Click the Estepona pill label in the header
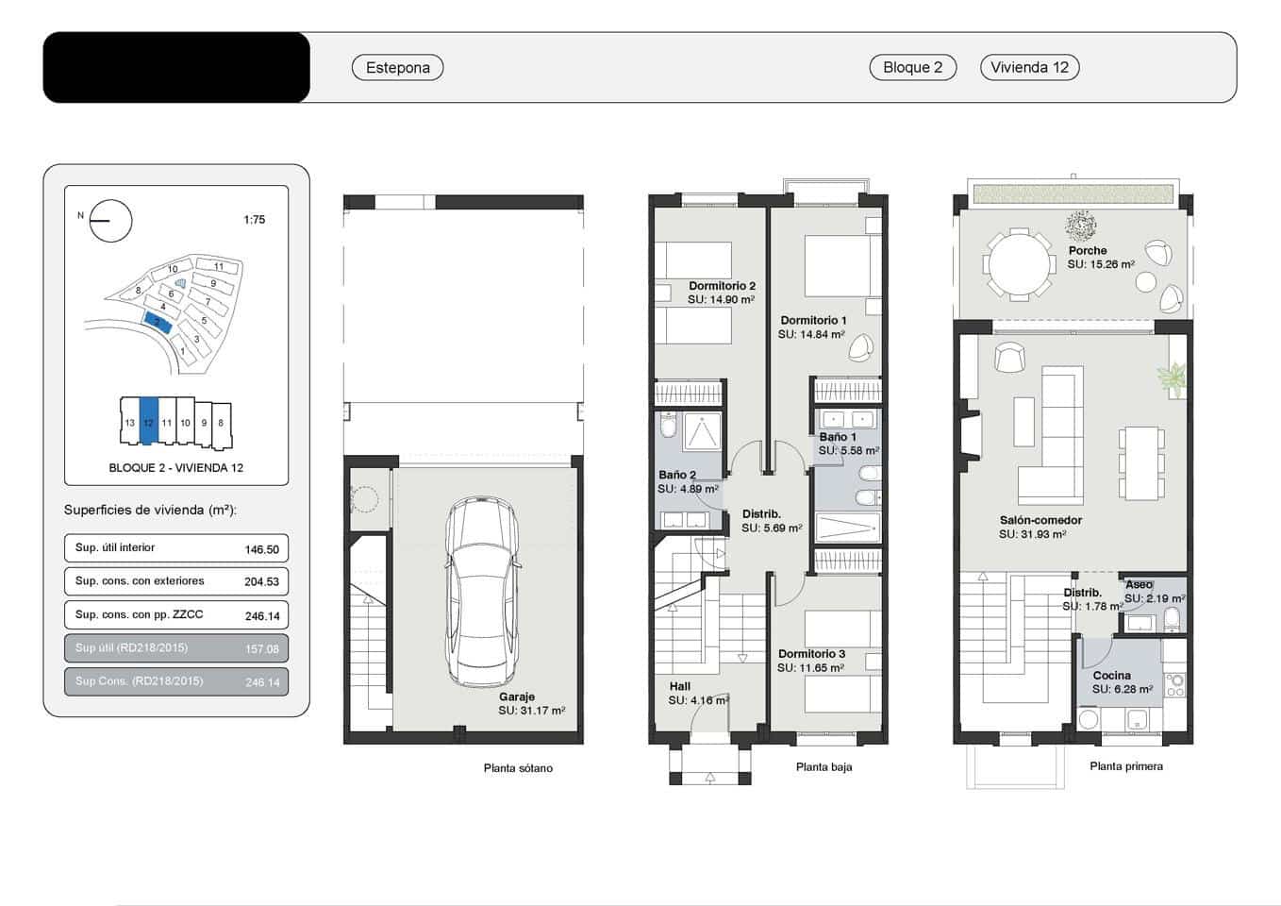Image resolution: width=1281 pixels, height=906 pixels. pos(397,67)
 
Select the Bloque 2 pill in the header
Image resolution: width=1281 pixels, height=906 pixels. pos(912,67)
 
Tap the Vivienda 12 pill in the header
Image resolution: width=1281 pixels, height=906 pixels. pos(1029,67)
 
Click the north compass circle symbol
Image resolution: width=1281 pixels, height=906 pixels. pos(110,221)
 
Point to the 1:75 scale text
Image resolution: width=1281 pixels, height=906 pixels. pos(254,220)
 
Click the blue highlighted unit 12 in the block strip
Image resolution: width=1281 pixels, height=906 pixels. pos(148,422)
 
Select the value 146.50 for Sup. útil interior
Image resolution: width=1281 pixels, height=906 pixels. pos(261,549)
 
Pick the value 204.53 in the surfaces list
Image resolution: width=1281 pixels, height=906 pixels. pos(261,582)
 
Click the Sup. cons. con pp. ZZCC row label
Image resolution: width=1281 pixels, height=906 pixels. pos(140,614)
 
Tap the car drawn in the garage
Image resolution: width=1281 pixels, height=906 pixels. pos(481,592)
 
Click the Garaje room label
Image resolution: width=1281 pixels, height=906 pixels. pos(517,696)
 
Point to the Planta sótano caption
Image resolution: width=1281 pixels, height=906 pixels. pos(518,768)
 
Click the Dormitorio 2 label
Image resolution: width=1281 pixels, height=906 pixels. pos(722,286)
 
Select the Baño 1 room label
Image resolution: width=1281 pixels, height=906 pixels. pos(838,437)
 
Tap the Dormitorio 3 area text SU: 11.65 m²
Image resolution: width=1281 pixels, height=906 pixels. pos(810,668)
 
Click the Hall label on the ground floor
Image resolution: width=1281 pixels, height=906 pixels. pos(679,686)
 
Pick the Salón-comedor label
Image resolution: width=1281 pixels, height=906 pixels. pos(1040,520)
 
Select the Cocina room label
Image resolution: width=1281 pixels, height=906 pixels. pos(1111,675)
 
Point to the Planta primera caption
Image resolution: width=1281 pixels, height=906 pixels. pos(1125,766)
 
